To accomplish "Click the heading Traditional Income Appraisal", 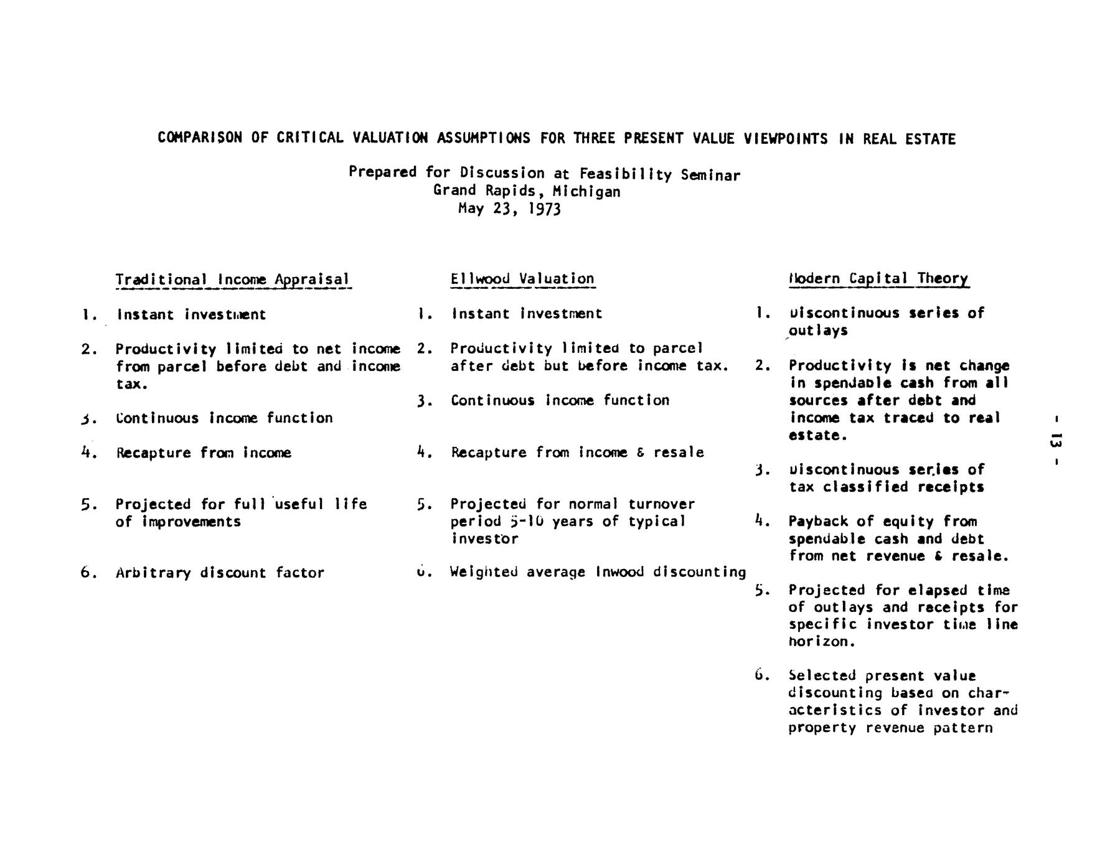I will tap(233, 279).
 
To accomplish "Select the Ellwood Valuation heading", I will tap(522, 279).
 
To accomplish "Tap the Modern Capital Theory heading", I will tap(878, 278).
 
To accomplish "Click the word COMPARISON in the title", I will tap(200, 138).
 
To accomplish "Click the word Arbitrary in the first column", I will tap(153, 573).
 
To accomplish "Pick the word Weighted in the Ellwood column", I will tap(486, 571).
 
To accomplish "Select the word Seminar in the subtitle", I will tap(710, 175).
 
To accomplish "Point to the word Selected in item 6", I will tap(822, 675).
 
